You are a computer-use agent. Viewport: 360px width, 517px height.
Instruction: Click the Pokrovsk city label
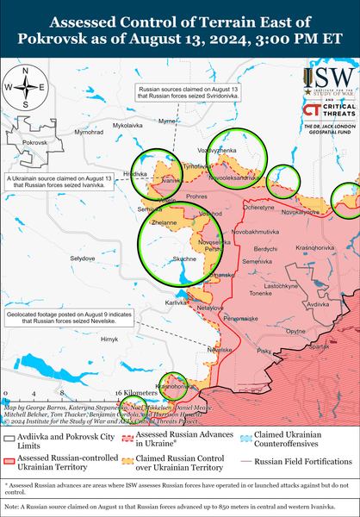[x=34, y=141]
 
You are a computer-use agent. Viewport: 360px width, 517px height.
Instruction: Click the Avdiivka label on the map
[x=317, y=305]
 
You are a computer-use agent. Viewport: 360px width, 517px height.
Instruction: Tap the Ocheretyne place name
[x=259, y=207]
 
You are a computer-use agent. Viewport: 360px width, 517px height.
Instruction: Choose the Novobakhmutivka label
[x=256, y=233]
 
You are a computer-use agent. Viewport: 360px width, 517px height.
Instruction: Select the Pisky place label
[x=264, y=352]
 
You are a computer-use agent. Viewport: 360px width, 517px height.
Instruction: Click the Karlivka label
[x=177, y=303]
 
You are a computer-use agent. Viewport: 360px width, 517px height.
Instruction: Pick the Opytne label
[x=295, y=331]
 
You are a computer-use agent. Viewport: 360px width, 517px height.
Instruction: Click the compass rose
[x=27, y=86]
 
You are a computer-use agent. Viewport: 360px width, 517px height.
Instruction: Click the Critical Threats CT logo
[x=313, y=109]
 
